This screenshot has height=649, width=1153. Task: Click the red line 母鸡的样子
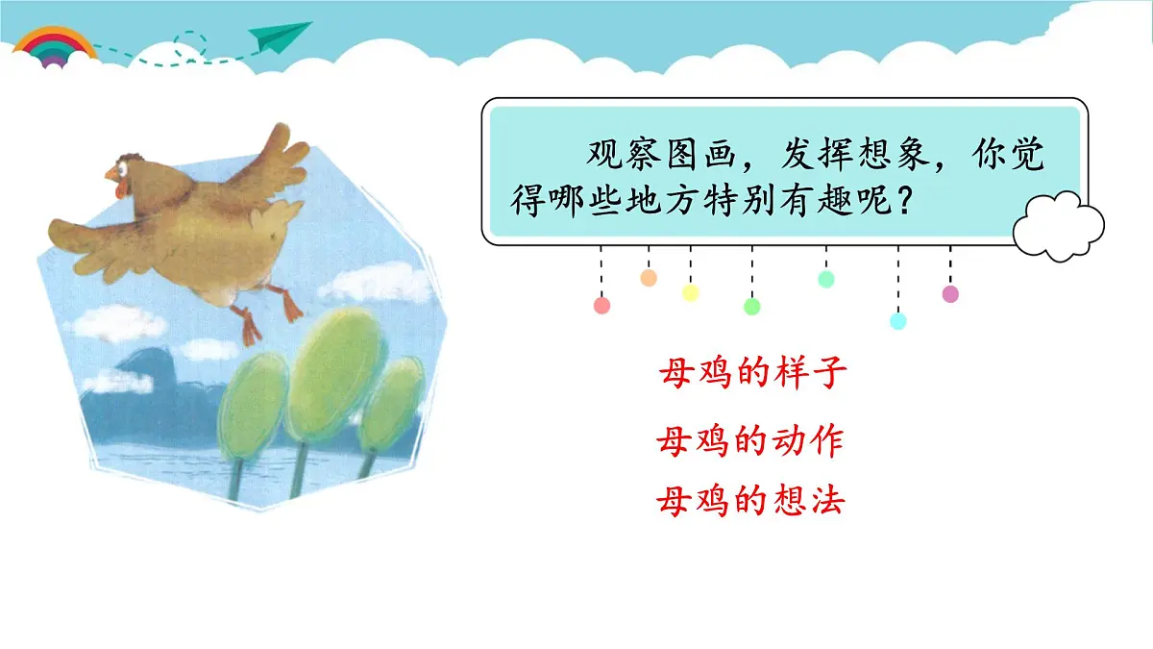click(753, 373)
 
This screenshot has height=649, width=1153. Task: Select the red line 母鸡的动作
click(749, 441)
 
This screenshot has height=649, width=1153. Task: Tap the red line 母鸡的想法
click(749, 501)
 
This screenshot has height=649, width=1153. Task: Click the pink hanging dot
click(602, 306)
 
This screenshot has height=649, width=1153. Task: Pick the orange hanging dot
click(649, 278)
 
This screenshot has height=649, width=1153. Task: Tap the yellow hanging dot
click(690, 293)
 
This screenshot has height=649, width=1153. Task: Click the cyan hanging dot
click(898, 321)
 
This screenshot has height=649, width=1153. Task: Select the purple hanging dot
click(950, 294)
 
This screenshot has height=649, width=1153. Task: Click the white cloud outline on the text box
click(1059, 227)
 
